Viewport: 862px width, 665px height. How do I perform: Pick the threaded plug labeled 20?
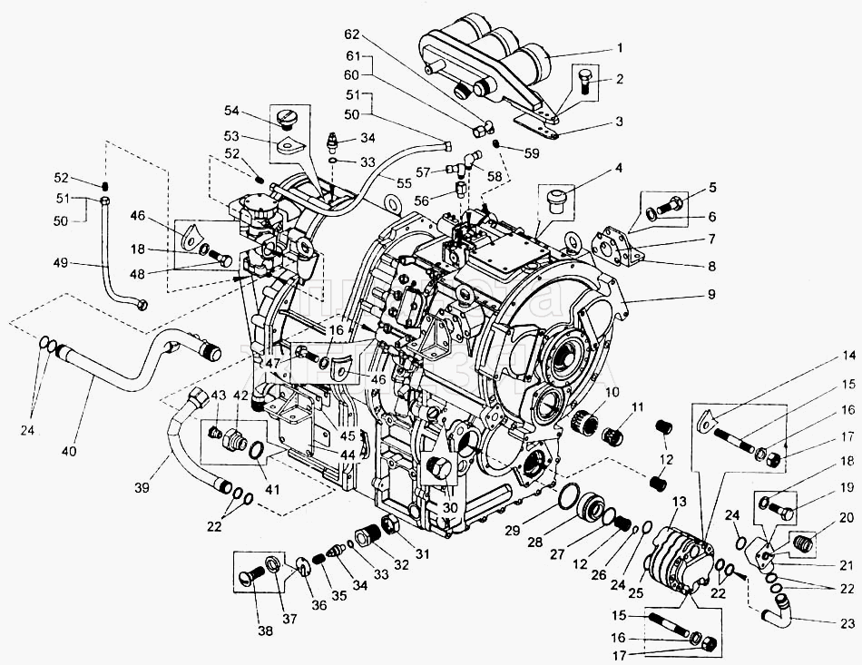(803, 544)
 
